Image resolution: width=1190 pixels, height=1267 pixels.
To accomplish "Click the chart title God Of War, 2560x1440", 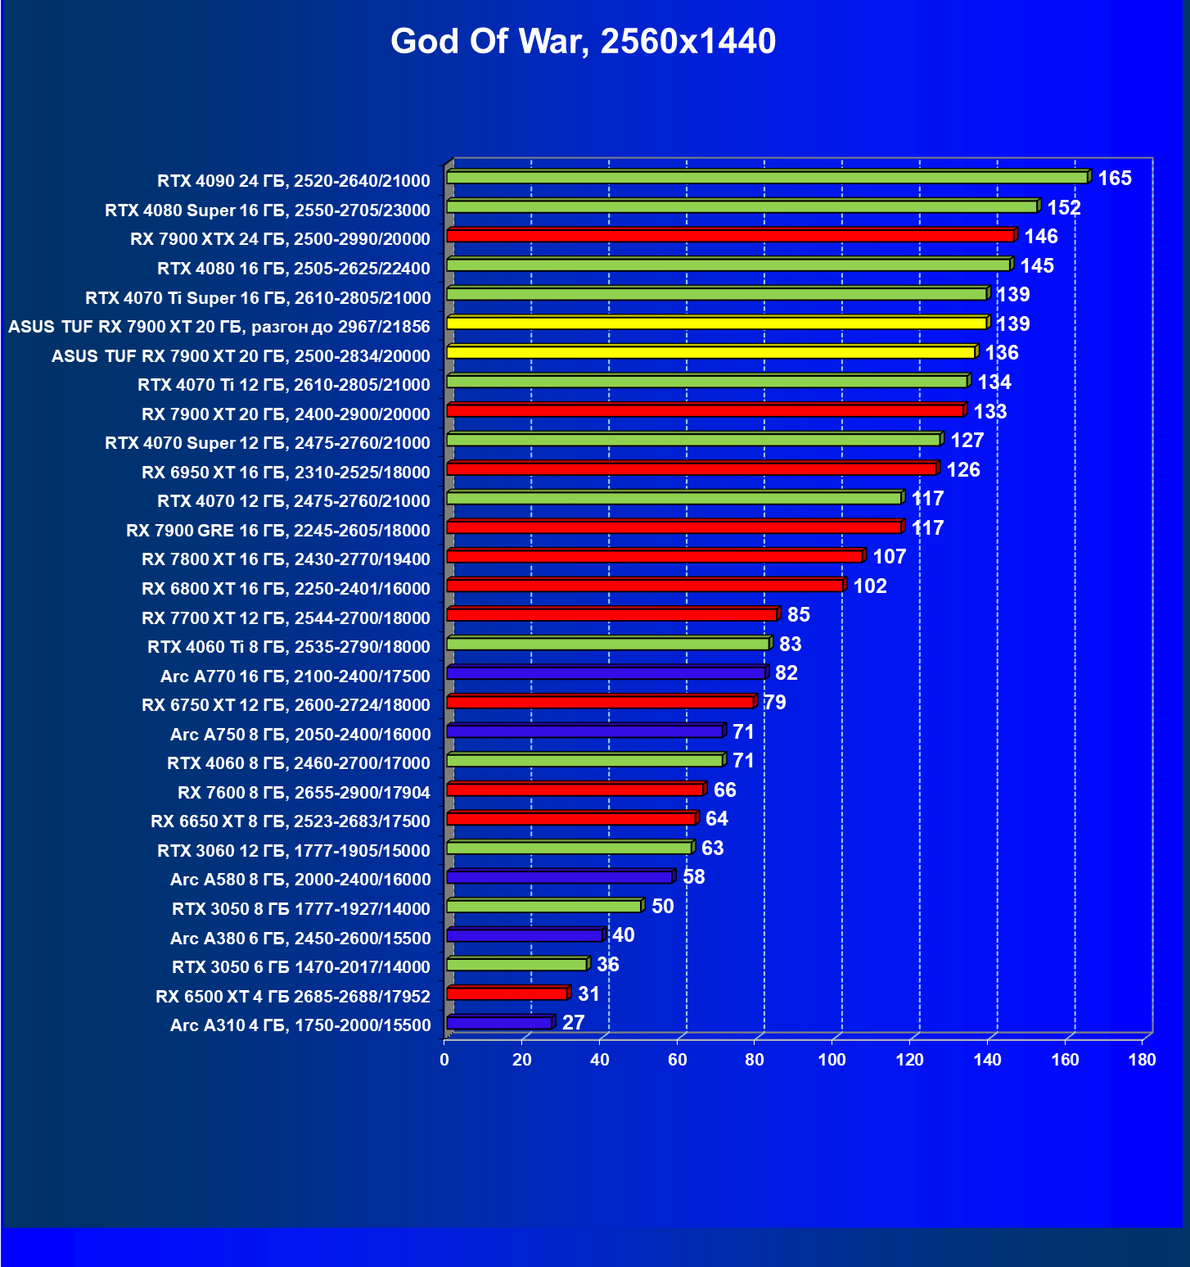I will click(583, 41).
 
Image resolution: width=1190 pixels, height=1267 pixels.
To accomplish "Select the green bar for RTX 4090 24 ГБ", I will click(766, 178).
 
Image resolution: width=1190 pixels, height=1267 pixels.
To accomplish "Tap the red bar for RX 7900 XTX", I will click(730, 236).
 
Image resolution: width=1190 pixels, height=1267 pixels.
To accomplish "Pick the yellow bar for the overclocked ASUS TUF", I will click(716, 324).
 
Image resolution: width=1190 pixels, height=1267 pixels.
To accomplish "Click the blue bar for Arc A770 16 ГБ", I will click(606, 673).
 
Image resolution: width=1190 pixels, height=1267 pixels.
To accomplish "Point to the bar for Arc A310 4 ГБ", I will click(499, 1023).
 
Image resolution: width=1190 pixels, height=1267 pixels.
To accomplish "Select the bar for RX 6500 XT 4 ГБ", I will click(507, 993).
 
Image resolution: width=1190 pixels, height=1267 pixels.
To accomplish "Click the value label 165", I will click(1114, 179).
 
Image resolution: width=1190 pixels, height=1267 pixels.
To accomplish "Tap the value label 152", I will click(1064, 208).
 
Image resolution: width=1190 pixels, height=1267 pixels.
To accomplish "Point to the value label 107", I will click(889, 557).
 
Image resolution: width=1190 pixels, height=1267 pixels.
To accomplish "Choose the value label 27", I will click(573, 1023).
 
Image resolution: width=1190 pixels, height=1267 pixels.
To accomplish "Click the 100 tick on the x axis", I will click(832, 1060).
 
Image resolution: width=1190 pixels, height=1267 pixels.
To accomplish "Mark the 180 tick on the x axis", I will click(1142, 1060).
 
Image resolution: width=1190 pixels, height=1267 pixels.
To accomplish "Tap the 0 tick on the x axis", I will click(444, 1060).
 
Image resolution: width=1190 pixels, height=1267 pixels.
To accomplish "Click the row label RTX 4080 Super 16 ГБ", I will click(268, 210).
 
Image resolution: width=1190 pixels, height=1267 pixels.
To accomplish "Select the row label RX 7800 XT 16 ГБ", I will click(286, 559).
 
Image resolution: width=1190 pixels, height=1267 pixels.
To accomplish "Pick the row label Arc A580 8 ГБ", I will click(300, 880).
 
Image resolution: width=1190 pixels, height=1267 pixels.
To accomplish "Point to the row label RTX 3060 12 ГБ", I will click(293, 851).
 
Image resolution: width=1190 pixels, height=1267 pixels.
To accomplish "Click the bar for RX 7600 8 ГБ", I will click(575, 790).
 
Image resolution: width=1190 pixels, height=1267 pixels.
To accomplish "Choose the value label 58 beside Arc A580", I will click(693, 877).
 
